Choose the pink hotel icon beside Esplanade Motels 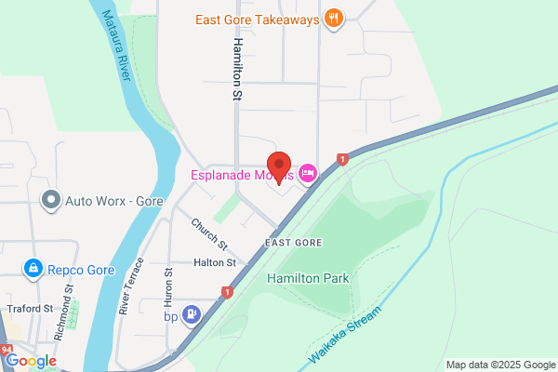tap(309, 173)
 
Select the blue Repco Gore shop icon tap(33, 270)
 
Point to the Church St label tap(209, 234)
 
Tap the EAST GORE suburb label tap(293, 242)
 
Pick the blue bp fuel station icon tap(193, 314)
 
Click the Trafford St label tap(29, 308)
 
